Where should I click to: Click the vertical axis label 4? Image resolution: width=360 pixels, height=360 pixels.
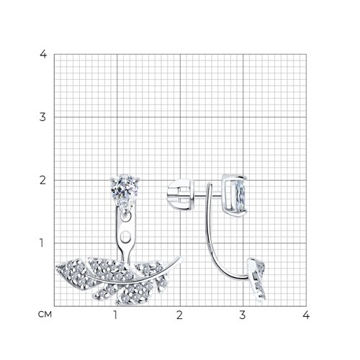tap(43, 54)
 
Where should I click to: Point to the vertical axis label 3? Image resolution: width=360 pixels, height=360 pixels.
tap(42, 117)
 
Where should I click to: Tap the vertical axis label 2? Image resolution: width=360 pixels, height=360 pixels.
tap(42, 180)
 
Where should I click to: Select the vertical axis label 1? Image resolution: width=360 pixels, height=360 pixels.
tap(42, 243)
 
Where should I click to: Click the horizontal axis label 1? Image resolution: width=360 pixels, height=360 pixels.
tap(115, 315)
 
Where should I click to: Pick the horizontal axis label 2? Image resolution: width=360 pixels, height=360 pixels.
tap(179, 315)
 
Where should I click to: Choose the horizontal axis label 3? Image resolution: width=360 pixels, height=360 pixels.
tap(243, 315)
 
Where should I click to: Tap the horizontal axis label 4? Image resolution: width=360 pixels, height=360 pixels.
tap(306, 315)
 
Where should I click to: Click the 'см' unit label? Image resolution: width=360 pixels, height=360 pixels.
tap(45, 314)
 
